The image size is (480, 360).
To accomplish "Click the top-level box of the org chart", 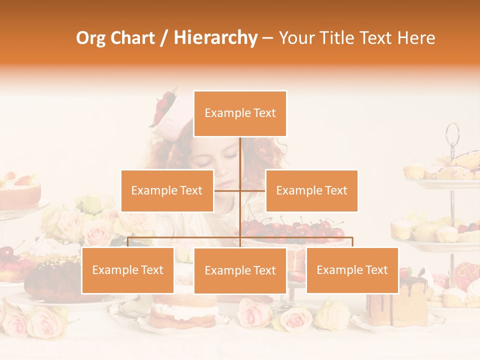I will pyautogui.click(x=240, y=113).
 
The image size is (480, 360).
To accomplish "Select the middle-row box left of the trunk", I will pyautogui.click(x=167, y=190).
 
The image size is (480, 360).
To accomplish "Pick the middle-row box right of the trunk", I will pyautogui.click(x=311, y=190).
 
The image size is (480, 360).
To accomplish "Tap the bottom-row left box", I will pyautogui.click(x=127, y=270).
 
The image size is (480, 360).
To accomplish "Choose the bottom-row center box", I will pyautogui.click(x=240, y=271).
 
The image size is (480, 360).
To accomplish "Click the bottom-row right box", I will pyautogui.click(x=352, y=270).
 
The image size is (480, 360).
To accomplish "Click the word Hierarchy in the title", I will pyautogui.click(x=215, y=38).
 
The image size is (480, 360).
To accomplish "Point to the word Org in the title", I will pyautogui.click(x=91, y=38).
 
